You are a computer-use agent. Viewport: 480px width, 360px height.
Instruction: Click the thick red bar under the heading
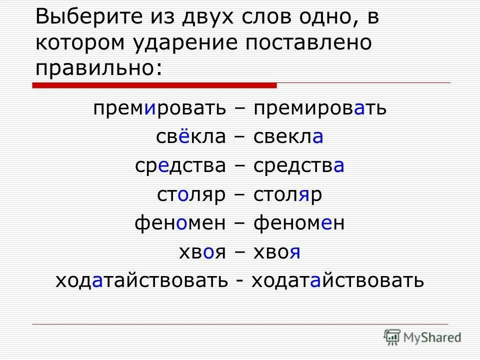click(x=154, y=85)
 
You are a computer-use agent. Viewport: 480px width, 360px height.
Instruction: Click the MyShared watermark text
click(x=433, y=337)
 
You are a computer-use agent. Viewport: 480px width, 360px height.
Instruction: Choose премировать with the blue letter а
click(x=320, y=108)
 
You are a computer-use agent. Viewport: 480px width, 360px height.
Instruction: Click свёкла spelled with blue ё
click(x=191, y=136)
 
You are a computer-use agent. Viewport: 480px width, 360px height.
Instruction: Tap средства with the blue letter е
click(x=180, y=165)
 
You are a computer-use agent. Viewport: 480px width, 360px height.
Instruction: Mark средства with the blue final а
click(x=299, y=165)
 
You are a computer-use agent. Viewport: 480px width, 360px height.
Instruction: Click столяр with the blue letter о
click(x=191, y=194)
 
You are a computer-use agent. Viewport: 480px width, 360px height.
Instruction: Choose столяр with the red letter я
click(x=288, y=194)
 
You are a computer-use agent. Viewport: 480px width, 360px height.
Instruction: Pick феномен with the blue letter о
click(x=180, y=223)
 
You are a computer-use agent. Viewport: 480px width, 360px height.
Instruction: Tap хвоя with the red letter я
click(x=277, y=252)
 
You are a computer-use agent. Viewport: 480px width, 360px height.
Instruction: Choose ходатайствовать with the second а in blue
click(x=337, y=280)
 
